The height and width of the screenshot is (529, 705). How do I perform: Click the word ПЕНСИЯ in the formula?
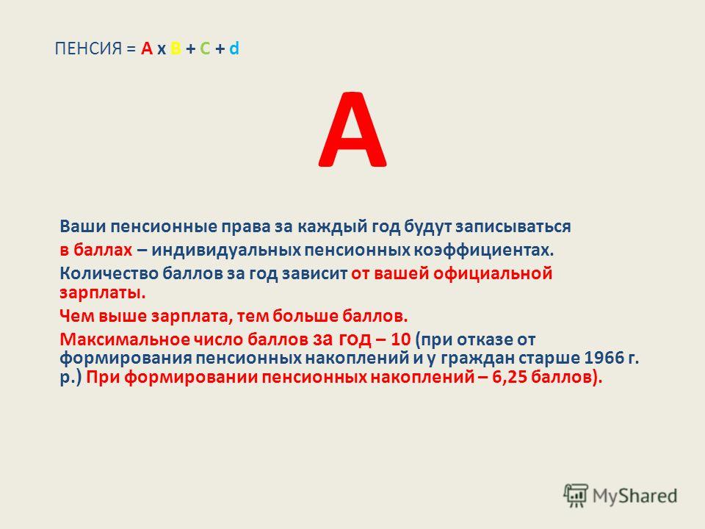click(88, 48)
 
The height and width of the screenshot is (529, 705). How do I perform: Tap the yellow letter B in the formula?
click(176, 48)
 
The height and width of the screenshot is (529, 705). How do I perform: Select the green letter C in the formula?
click(205, 48)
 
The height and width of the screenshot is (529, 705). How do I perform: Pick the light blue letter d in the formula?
click(234, 48)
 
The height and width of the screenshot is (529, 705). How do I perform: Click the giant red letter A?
click(352, 129)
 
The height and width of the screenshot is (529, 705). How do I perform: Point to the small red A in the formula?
click(147, 48)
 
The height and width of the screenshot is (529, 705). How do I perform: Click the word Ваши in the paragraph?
click(83, 226)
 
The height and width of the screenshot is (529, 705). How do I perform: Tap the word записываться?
click(513, 226)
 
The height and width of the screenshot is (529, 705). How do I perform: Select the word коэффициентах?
click(484, 250)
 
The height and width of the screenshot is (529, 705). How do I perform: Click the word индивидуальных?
click(226, 250)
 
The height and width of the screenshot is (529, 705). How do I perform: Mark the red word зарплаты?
click(103, 293)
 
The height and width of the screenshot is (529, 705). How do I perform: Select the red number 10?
click(401, 339)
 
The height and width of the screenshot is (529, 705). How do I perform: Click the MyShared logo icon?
click(576, 496)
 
